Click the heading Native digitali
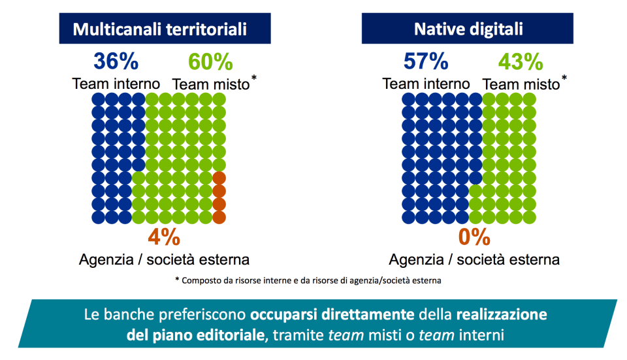coord(468,29)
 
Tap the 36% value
coord(116,61)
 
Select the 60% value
coord(210,62)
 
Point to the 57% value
coord(425,61)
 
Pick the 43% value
coord(521,62)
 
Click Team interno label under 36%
coord(116,84)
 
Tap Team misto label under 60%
coord(211,84)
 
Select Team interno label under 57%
coord(426,84)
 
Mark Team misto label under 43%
coord(521,84)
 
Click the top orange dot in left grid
coord(219,178)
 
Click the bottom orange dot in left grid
coord(219,216)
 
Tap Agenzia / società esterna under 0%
coord(474,259)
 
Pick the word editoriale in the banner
coord(231,336)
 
